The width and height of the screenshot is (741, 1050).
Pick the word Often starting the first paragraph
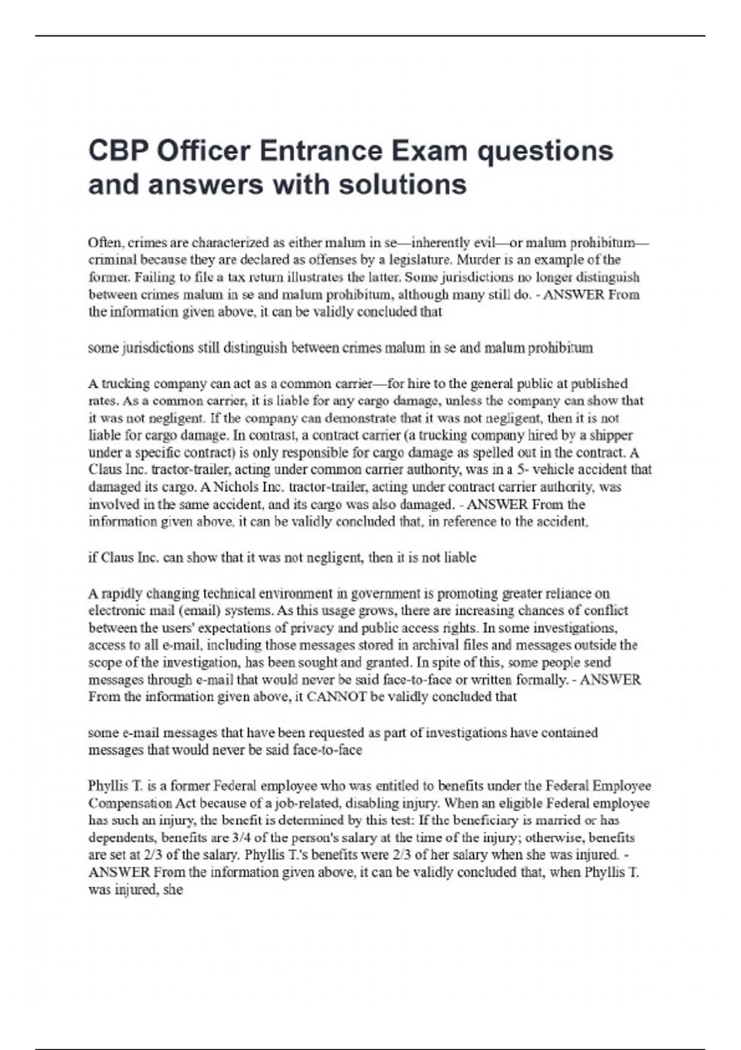coord(106,242)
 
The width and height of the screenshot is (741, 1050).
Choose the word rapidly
coord(121,594)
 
